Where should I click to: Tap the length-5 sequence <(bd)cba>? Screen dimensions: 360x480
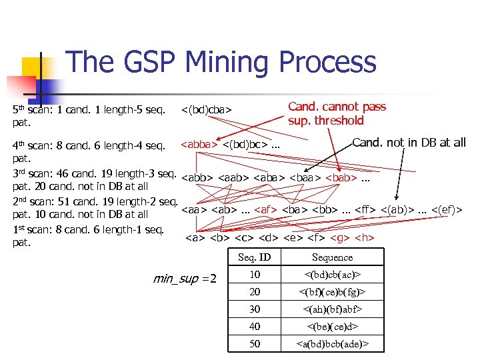coord(206,109)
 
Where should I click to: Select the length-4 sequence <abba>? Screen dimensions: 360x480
coord(196,144)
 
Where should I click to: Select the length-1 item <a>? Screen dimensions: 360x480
coord(194,237)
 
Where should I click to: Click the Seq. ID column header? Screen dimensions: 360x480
coord(254,257)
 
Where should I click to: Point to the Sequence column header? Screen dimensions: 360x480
coord(332,257)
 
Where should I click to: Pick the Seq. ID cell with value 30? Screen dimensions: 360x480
coord(255,309)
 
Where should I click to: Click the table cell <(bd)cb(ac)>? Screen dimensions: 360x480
coord(332,275)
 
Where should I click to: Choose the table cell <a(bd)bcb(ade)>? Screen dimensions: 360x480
coord(332,344)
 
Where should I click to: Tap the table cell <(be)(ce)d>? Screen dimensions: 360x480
coord(332,327)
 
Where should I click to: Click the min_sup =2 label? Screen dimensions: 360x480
coord(185,278)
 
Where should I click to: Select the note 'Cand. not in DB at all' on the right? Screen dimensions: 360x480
coord(409,142)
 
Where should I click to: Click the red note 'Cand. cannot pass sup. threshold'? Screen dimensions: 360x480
coord(337,113)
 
